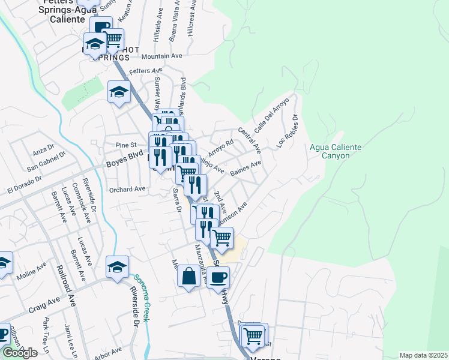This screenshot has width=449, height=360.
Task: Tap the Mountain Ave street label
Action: pyautogui.click(x=161, y=56)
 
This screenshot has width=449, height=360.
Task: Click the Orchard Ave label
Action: pyautogui.click(x=128, y=189)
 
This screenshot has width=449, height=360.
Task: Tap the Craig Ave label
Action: pyautogui.click(x=44, y=306)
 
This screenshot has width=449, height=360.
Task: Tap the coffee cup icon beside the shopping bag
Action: pyautogui.click(x=218, y=277)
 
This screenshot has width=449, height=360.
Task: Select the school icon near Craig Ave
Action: pyautogui.click(x=118, y=266)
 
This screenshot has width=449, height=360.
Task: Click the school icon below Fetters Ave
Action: pyautogui.click(x=119, y=91)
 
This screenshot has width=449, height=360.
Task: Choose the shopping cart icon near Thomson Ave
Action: pyautogui.click(x=222, y=238)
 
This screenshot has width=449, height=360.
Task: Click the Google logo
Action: pyautogui.click(x=19, y=353)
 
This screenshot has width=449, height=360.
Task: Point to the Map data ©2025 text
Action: pyautogui.click(x=423, y=355)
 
